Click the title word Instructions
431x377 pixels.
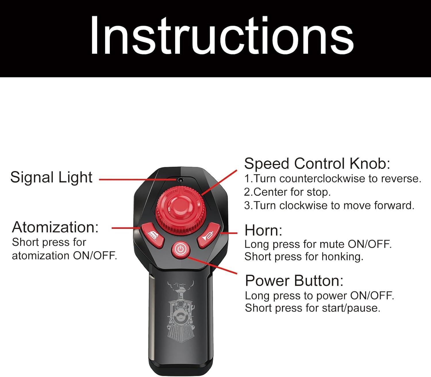(222, 35)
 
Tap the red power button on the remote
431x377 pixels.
(180, 250)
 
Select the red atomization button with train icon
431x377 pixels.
(152, 235)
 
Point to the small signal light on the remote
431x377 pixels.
(180, 180)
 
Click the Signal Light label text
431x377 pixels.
(51, 177)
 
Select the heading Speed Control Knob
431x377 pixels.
(317, 163)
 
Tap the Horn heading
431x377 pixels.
(263, 230)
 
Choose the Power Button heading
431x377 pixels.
(294, 281)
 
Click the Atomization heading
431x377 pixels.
(55, 227)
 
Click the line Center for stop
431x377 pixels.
(287, 192)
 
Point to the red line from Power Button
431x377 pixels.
(212, 265)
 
